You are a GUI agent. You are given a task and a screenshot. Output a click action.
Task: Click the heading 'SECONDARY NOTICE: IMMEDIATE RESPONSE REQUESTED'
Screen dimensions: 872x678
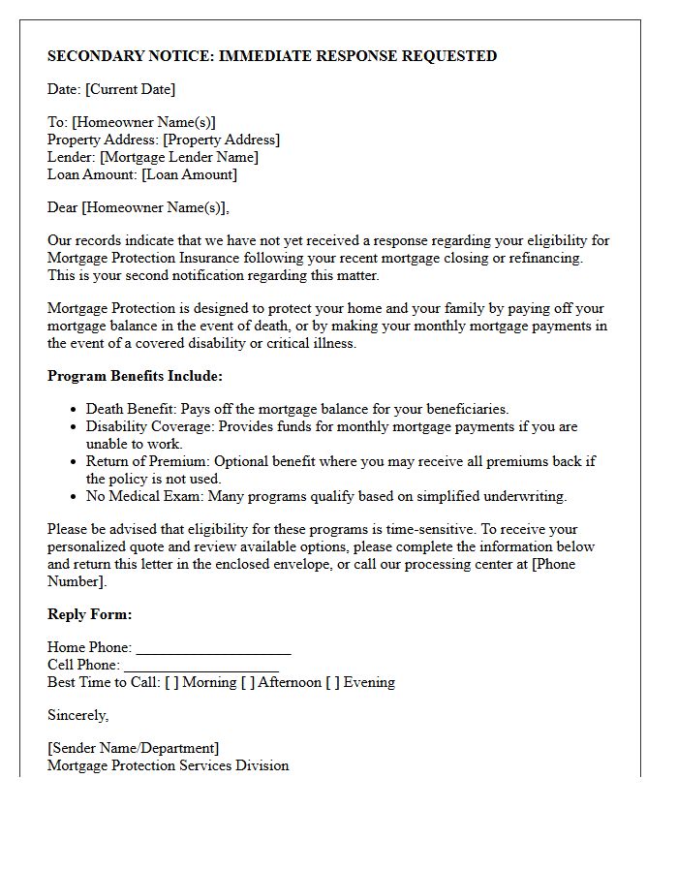coord(272,56)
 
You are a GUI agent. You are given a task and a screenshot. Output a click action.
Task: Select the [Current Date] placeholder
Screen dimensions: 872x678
coord(131,89)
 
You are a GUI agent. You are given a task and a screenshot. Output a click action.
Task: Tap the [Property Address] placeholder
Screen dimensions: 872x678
coord(221,140)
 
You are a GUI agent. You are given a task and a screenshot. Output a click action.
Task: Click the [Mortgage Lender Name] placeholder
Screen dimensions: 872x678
coord(179,157)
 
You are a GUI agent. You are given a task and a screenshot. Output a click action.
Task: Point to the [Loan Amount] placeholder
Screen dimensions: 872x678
coord(189,174)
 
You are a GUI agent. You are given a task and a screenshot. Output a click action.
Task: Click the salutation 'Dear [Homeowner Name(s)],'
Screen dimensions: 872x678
coord(139,207)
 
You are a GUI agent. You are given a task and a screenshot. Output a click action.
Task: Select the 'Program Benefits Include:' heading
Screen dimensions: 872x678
coord(135,376)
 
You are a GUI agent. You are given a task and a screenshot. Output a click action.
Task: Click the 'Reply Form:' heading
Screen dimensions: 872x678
coord(90,614)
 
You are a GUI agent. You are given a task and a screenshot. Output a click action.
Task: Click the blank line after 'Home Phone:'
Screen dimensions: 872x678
coord(213,648)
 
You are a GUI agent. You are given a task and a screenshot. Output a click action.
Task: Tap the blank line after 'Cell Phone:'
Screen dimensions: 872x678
coord(201,666)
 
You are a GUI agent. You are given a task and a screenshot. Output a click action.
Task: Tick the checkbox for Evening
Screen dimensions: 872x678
coord(333,682)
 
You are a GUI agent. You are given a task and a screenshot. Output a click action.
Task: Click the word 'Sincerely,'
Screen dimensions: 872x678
coord(78,715)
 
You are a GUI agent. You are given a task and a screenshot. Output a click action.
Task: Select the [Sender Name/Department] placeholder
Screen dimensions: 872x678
coord(133,748)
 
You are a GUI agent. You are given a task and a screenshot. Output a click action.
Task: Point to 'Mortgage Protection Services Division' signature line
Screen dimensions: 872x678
coord(169,765)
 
